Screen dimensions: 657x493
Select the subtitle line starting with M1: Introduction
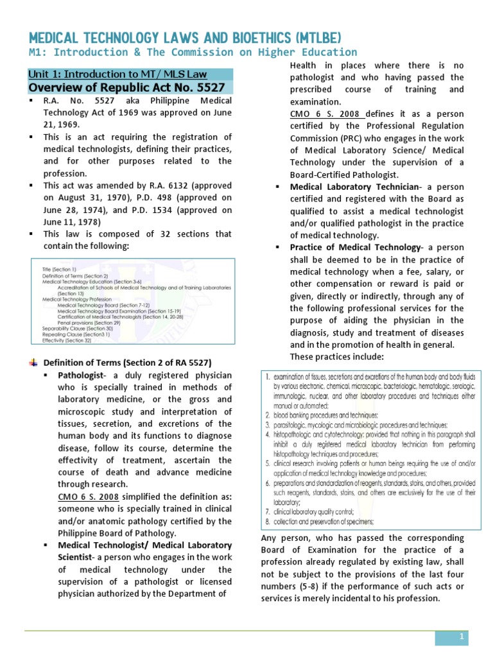[193, 52]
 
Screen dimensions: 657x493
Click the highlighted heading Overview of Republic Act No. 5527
[129, 88]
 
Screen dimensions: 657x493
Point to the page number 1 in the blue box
[461, 636]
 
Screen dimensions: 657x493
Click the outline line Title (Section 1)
[59, 269]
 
